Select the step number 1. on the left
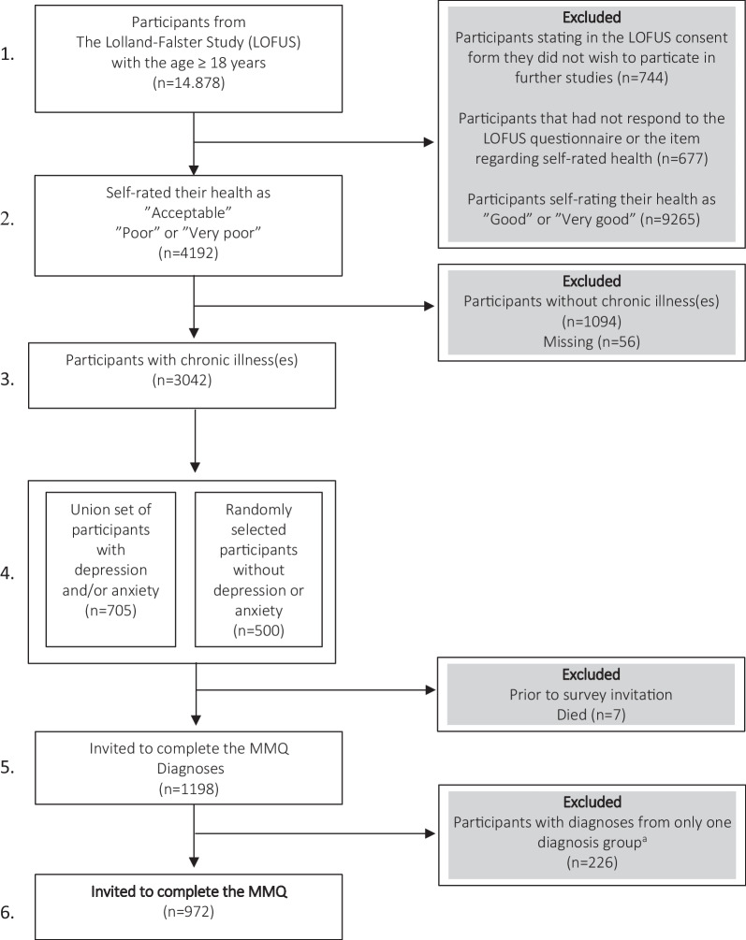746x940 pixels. pos(10,55)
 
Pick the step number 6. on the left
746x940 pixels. pos(10,910)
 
